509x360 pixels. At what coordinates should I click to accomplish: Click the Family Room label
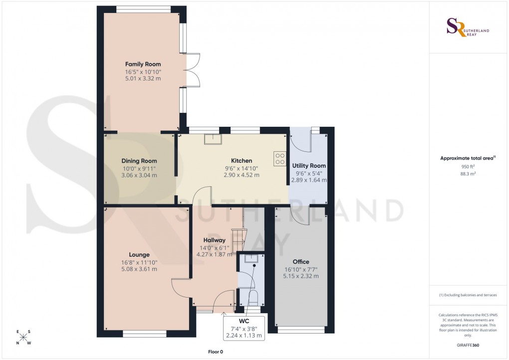[143, 64]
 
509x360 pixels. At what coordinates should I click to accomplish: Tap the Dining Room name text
[139, 161]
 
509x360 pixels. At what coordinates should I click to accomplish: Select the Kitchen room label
[241, 161]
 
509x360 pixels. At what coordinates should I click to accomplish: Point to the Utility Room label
[309, 166]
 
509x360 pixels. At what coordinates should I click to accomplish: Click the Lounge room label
[139, 255]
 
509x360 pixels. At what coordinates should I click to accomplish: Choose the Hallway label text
[214, 240]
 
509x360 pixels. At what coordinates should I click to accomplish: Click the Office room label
[301, 262]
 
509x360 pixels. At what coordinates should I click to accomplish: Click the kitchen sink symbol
[213, 139]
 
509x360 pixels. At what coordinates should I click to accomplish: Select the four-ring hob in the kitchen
[279, 158]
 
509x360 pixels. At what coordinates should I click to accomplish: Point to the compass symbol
[23, 337]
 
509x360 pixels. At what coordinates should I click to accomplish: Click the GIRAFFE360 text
[468, 346]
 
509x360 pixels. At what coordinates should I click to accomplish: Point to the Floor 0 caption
[216, 352]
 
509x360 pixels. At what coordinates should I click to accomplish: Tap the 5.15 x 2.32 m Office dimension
[301, 276]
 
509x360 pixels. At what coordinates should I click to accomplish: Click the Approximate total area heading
[467, 158]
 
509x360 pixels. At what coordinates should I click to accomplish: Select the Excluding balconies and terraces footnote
[468, 295]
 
